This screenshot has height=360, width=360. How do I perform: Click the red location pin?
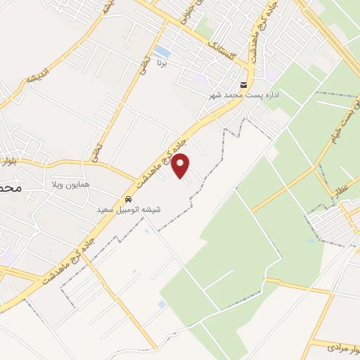point(181,165)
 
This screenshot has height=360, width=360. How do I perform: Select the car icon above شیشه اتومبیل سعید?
point(127,198)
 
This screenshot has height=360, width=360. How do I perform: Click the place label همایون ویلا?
point(67,184)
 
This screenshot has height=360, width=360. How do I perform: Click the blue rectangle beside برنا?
point(162,51)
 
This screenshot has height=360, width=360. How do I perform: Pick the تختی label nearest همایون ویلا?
point(97,150)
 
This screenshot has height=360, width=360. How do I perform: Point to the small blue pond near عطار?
point(311,241)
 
